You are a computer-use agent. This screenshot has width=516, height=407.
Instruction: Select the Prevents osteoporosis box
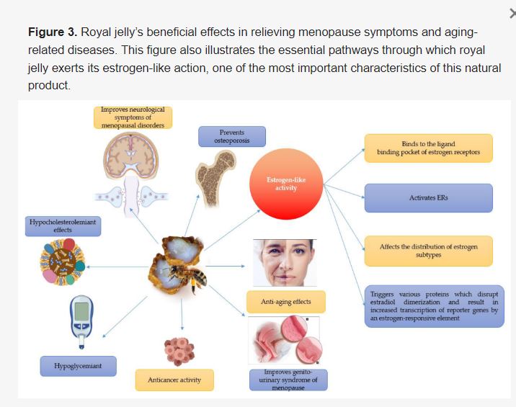coord(231,136)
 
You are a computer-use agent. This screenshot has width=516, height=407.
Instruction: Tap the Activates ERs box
coord(428,197)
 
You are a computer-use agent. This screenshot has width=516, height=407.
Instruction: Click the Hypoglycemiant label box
coord(78,366)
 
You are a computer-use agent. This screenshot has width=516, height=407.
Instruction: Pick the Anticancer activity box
coord(174,380)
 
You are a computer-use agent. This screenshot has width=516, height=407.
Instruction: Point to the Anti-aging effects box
coord(285,302)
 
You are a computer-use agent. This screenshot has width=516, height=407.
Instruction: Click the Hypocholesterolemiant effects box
coord(62,226)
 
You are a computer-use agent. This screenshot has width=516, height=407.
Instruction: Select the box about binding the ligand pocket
coord(428,148)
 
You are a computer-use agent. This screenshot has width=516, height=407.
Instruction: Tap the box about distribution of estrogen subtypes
coord(428,251)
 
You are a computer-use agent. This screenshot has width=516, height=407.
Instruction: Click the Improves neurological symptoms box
coord(133,117)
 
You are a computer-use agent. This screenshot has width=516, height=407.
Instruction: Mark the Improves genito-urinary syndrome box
coord(283,380)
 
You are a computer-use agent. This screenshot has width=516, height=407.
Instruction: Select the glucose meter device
coord(81,319)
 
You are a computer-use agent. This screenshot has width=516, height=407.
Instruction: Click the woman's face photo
coord(284,263)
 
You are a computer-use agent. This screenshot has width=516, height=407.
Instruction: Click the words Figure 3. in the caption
coord(51,33)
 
